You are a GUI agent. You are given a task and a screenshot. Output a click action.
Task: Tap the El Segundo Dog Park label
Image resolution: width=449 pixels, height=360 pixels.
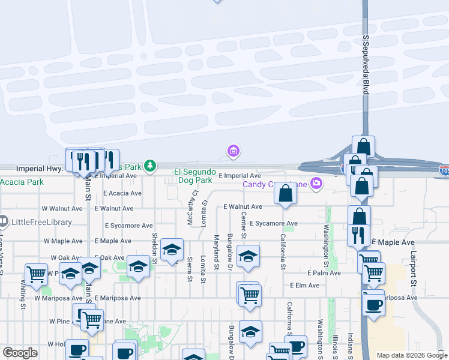[x=194, y=176]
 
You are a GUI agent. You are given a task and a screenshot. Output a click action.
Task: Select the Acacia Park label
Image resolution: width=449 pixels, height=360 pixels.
[x=22, y=182]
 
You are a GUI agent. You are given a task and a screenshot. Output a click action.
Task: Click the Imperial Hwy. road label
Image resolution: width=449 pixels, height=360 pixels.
[x=40, y=169]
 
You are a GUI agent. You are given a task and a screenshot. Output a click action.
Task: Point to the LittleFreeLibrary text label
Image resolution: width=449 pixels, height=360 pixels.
[x=40, y=222]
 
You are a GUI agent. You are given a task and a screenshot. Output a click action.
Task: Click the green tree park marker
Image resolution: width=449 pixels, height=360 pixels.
[x=149, y=166]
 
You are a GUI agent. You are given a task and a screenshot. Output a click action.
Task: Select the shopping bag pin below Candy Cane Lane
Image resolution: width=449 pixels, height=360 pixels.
[x=286, y=194]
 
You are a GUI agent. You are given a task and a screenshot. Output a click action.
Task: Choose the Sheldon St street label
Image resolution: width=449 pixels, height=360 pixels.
[x=154, y=248]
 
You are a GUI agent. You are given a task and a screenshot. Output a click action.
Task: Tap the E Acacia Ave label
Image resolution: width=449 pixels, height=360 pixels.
[x=122, y=193]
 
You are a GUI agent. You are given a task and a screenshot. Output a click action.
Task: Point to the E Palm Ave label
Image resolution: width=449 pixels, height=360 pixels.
[x=324, y=272]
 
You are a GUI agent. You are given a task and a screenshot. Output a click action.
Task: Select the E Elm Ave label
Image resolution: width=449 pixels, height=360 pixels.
[x=304, y=286]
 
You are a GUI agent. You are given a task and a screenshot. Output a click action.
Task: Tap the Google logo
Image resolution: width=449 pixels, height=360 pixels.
[x=20, y=353]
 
